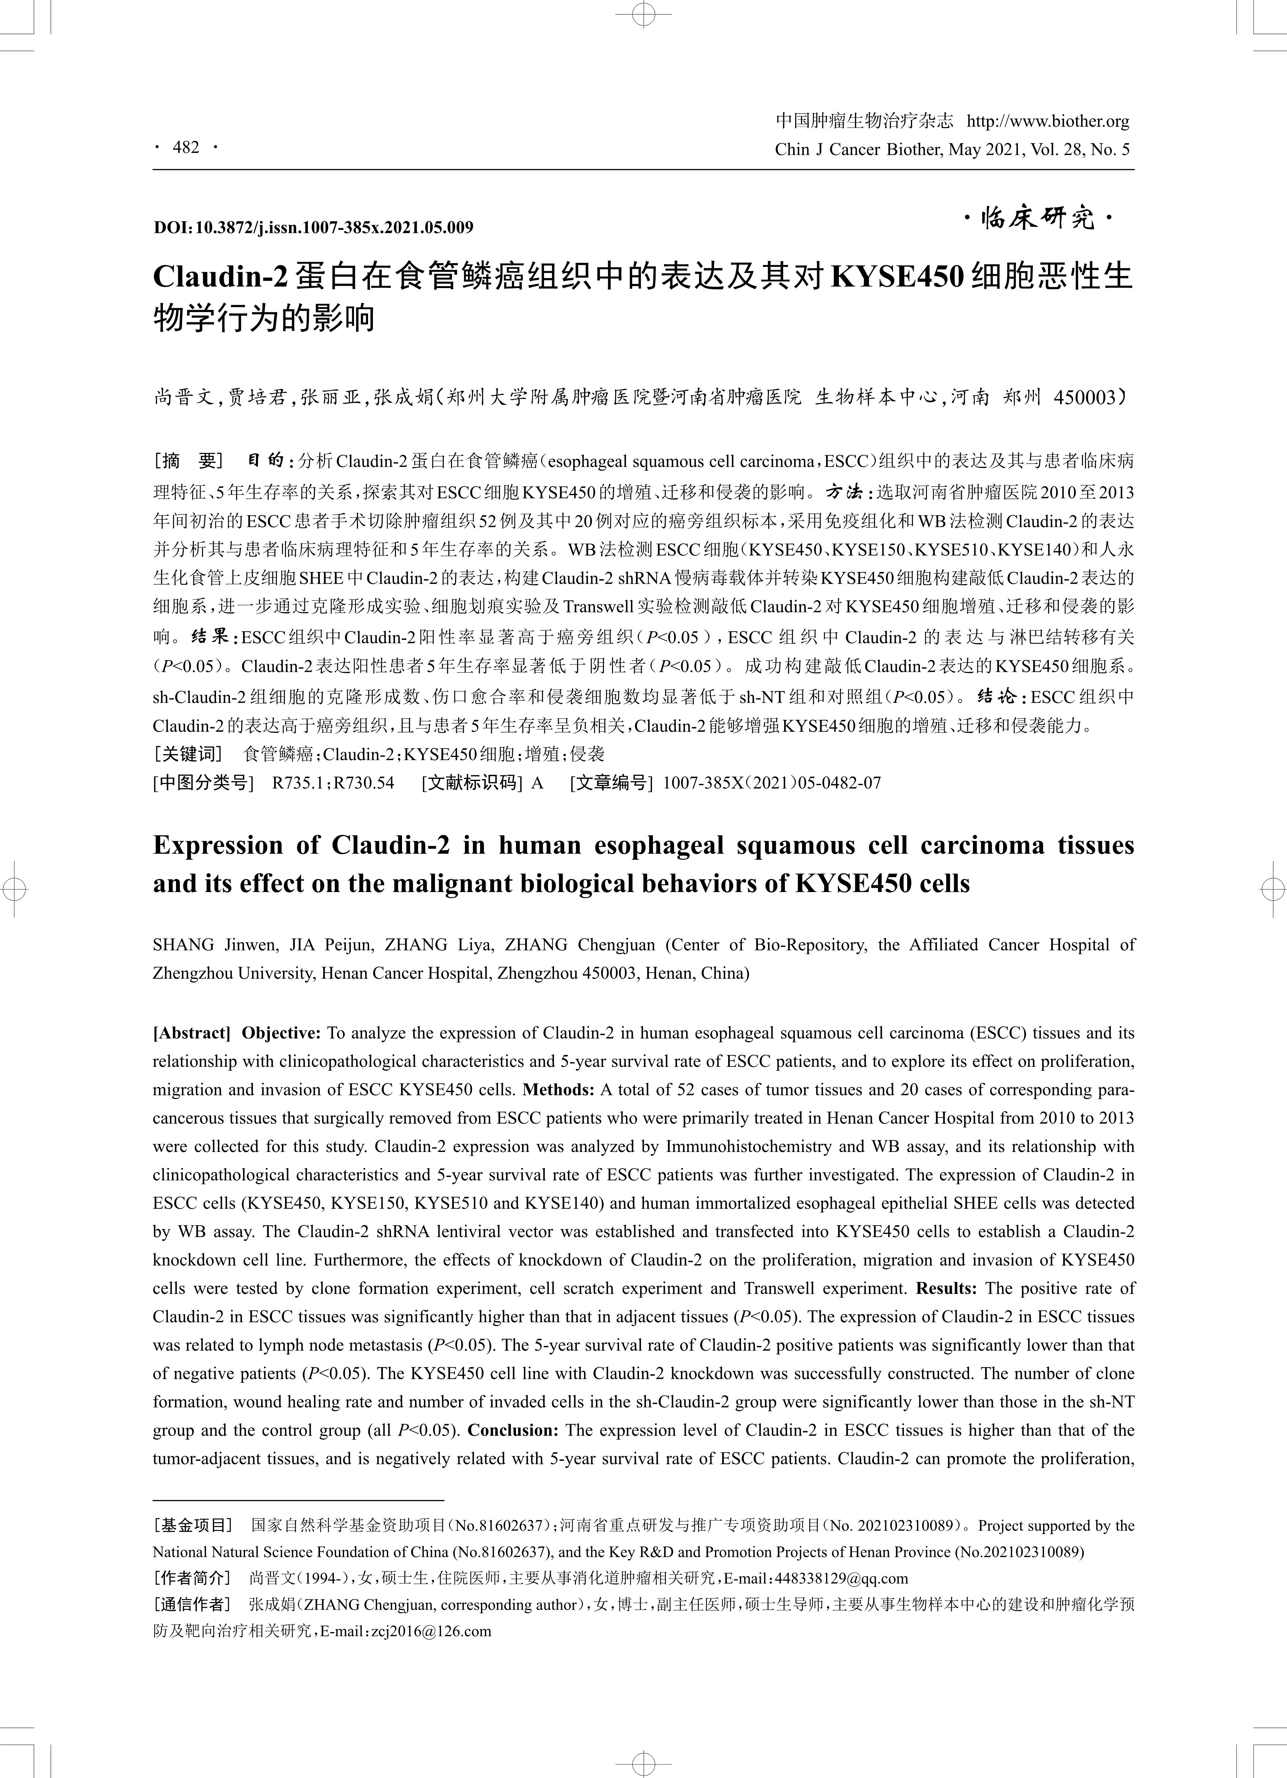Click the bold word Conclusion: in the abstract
[513, 1430]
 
